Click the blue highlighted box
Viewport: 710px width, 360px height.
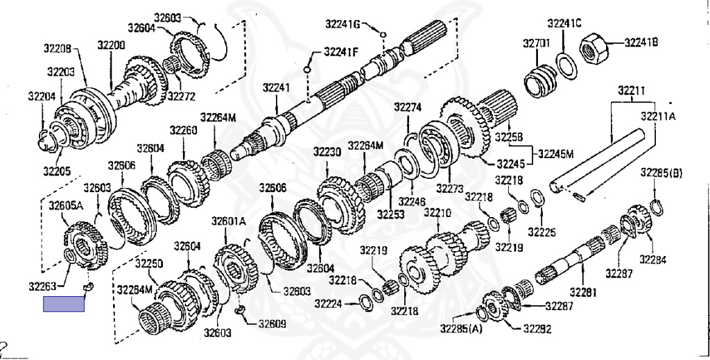point(63,304)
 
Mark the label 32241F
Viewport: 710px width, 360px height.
point(341,51)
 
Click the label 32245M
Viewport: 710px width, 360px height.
point(555,153)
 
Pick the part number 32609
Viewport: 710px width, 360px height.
point(271,323)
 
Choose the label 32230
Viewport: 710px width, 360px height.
point(327,152)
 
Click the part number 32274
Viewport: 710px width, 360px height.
point(408,107)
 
